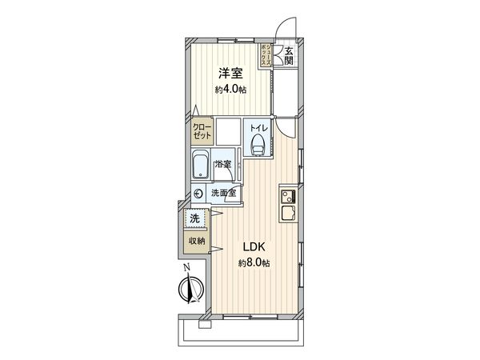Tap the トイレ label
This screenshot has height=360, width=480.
pos(257,128)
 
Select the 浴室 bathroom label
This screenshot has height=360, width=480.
pos(224,163)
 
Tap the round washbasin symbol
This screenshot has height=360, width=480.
pos(199,193)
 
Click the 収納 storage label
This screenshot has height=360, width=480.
pos(196,241)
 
